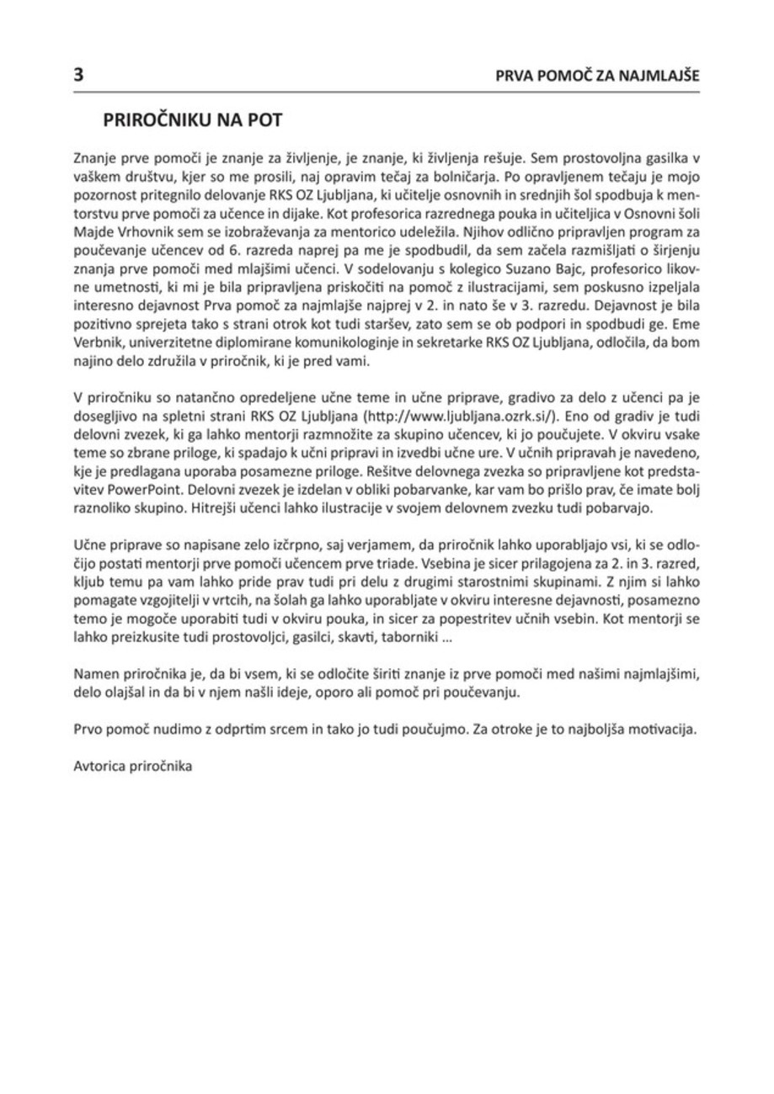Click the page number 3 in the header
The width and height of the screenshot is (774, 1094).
[x=77, y=73]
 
